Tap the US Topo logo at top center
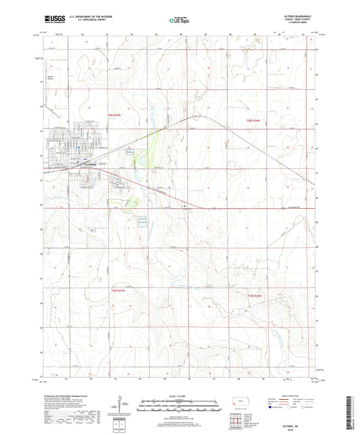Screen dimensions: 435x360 (x=179, y=21)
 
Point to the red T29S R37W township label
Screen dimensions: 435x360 (x=118, y=291)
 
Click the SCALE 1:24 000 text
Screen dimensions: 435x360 (x=179, y=395)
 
